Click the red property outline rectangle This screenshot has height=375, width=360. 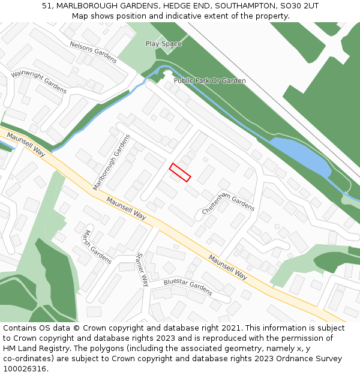click(180, 172)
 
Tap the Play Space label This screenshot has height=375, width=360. click(163, 44)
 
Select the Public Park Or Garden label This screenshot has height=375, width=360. click(209, 80)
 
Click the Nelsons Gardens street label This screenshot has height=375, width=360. click(93, 52)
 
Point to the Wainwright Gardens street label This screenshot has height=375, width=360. click(39, 81)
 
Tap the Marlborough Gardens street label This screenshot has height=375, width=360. click(112, 163)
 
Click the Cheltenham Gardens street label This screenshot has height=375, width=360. click(228, 201)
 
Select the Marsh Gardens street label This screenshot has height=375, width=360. click(97, 247)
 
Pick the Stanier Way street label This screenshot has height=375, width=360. click(142, 269)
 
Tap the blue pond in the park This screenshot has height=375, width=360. click(300, 155)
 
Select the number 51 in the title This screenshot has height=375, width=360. click(47, 6)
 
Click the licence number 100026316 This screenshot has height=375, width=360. click(25, 369)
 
